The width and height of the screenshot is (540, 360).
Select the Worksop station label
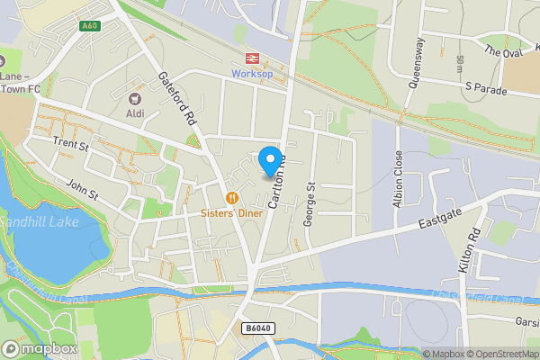(251, 73)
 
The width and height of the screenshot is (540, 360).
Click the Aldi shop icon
(136, 99)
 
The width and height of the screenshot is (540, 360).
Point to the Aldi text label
(136, 114)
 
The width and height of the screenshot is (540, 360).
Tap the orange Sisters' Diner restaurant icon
(232, 198)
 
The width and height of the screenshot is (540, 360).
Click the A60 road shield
(89, 25)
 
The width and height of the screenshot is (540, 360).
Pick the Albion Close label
(398, 178)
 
